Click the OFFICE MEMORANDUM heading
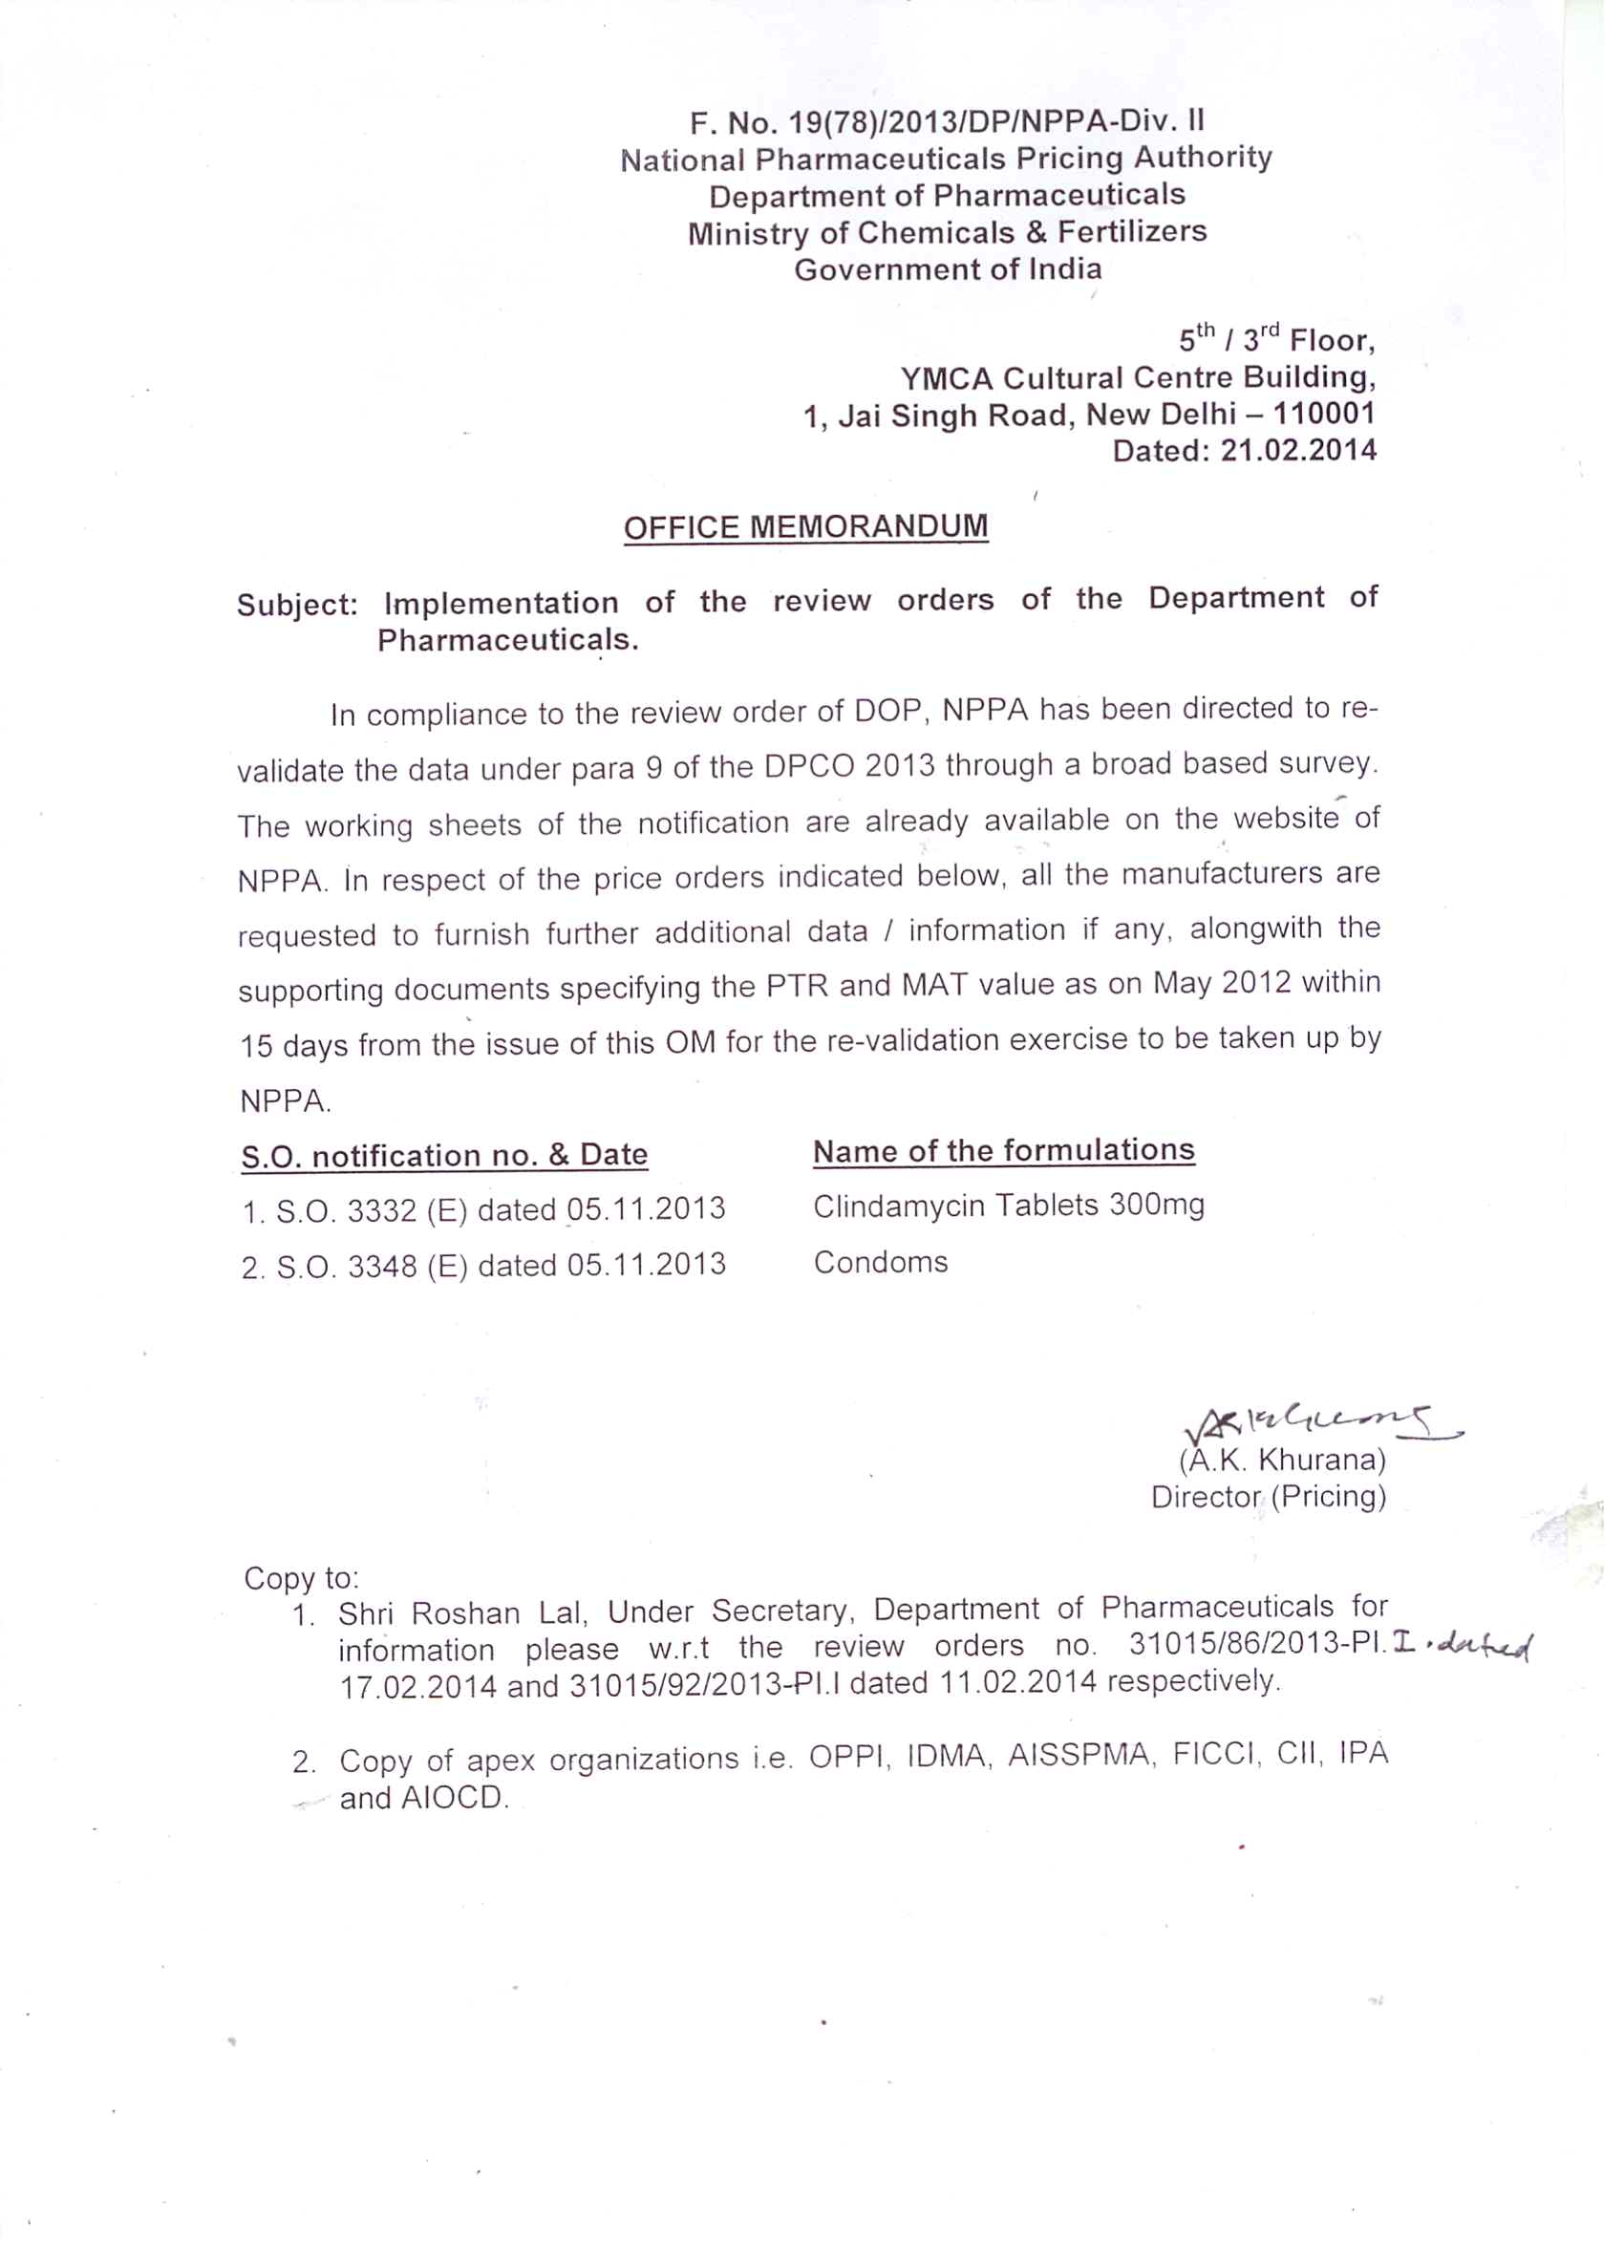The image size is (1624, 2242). (804, 526)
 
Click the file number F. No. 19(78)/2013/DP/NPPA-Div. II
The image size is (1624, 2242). (946, 121)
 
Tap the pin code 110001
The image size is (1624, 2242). (1323, 414)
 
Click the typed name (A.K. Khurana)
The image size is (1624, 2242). (1281, 1460)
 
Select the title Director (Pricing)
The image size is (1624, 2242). (1269, 1497)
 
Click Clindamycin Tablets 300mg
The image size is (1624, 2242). (1008, 1205)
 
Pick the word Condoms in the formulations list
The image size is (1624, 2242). (880, 1262)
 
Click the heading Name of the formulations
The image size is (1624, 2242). (1003, 1151)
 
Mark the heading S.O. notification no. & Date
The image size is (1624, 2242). (444, 1155)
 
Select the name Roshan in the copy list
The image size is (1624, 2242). (464, 1613)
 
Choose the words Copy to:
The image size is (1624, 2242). (301, 1578)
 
